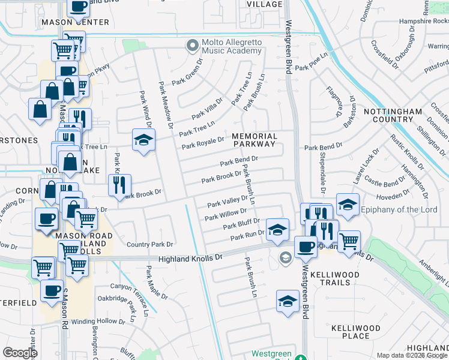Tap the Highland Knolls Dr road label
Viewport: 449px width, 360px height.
tap(190, 257)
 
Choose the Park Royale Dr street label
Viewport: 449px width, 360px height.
tap(203, 143)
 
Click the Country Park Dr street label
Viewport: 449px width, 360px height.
tap(149, 245)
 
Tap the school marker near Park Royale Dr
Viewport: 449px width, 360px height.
tap(143, 140)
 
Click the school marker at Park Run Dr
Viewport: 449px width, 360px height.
tap(277, 229)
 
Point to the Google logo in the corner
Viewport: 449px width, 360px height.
tap(20, 353)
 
